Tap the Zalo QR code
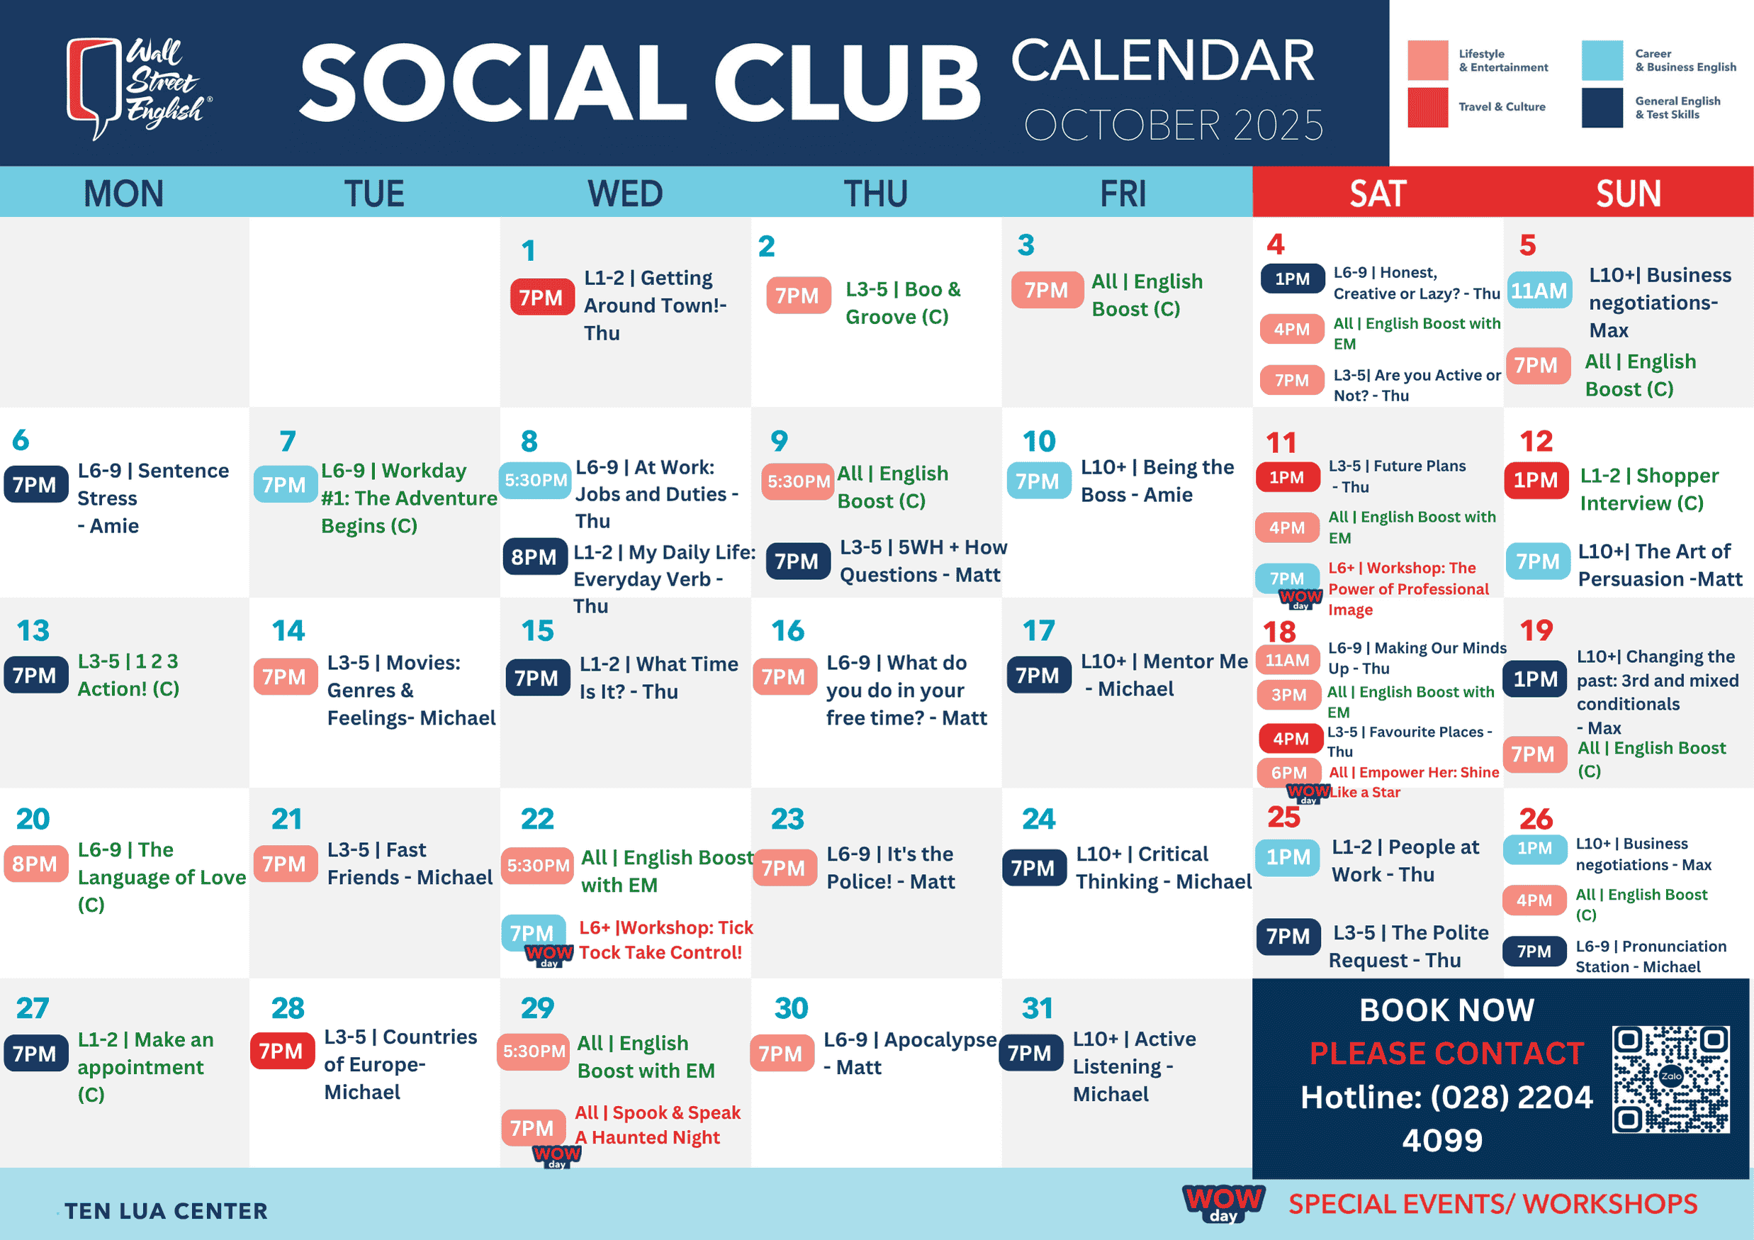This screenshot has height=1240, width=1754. click(x=1671, y=1079)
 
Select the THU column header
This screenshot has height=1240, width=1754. click(x=875, y=194)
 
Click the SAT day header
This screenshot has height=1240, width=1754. click(x=1378, y=194)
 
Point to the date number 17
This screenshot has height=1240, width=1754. click(x=1038, y=630)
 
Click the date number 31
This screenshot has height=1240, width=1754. click(x=1038, y=1007)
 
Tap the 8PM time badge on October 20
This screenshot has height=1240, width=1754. click(x=36, y=864)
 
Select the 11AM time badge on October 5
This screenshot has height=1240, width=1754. click(x=1539, y=291)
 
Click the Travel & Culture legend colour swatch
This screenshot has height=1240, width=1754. click(x=1428, y=108)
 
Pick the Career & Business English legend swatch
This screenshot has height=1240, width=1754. click(x=1602, y=60)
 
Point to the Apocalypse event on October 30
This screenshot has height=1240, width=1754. click(x=910, y=1053)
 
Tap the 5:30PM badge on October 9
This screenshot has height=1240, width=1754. click(x=798, y=481)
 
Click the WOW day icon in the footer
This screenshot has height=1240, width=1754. click(x=1223, y=1202)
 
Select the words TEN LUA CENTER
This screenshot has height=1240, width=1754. click(x=166, y=1211)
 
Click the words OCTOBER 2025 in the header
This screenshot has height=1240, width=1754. click(x=1174, y=125)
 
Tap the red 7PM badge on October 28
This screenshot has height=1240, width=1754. click(x=282, y=1051)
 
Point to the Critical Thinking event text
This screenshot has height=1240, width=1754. click(x=1164, y=868)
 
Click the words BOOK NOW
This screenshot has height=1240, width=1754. click(x=1447, y=1010)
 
